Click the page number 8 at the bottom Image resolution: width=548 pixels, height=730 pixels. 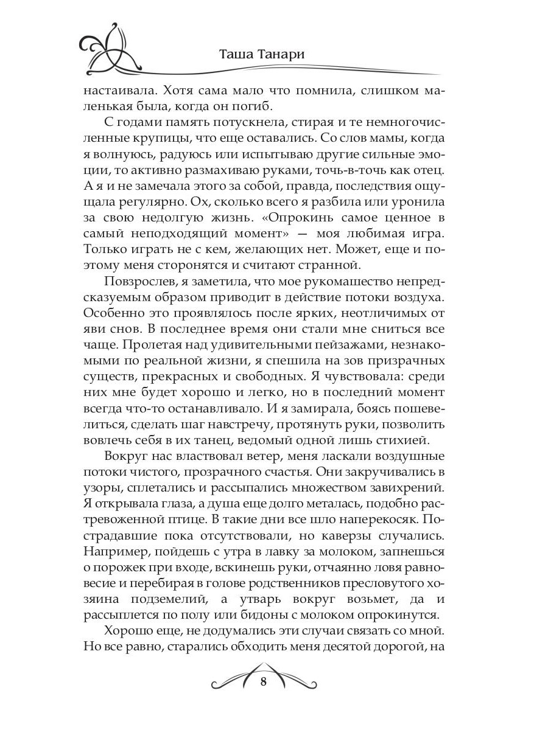point(263,681)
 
